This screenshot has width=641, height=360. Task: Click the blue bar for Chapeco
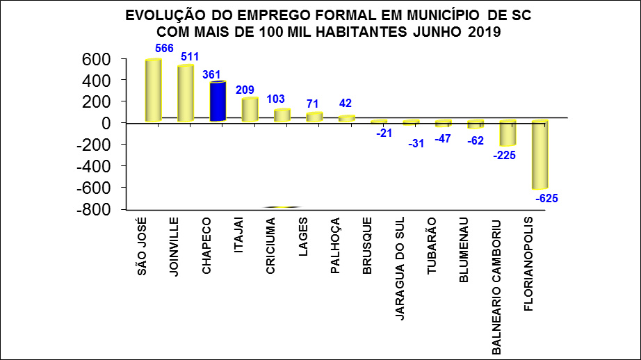[x=218, y=101]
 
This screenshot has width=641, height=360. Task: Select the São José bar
[x=153, y=90]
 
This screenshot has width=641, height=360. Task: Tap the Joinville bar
[x=186, y=93]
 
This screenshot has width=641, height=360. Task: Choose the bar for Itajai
[x=250, y=110]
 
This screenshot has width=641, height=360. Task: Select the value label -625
[x=546, y=199]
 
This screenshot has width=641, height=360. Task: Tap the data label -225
[x=505, y=156]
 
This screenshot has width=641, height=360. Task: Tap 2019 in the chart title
[x=485, y=31]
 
